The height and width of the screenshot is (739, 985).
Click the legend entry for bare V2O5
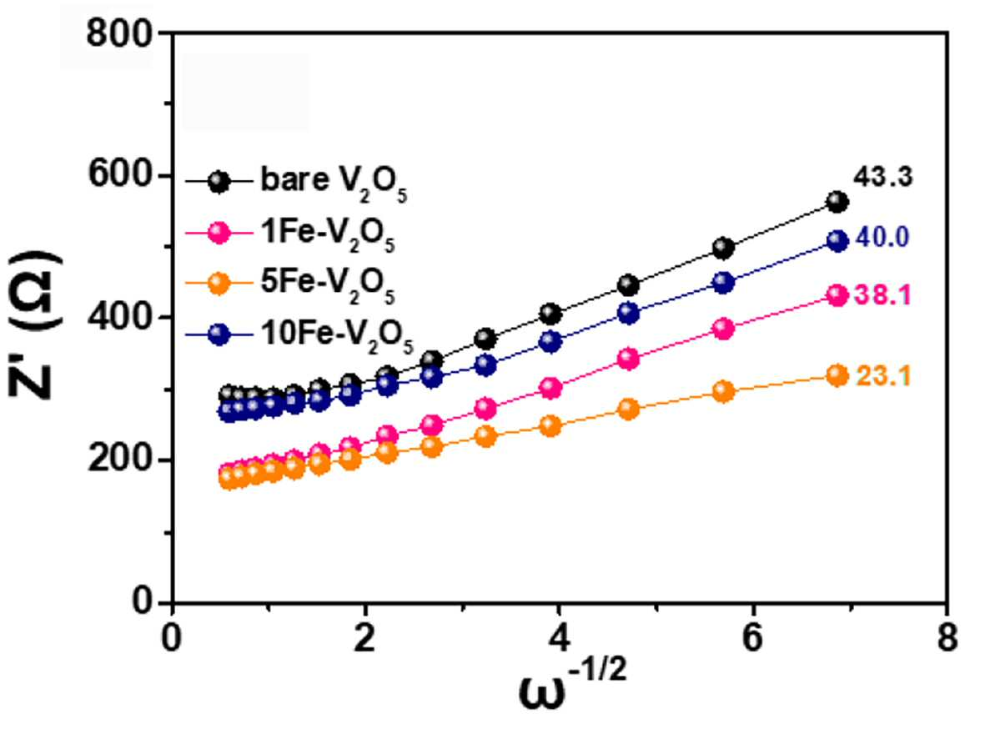tap(334, 183)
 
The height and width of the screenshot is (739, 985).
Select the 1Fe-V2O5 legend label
tap(328, 234)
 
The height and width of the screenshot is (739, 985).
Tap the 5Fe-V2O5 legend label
tap(328, 284)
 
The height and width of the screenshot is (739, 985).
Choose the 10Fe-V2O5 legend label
tap(337, 336)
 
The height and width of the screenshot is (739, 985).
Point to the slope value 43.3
tap(882, 178)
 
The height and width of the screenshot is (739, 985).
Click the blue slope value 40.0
tap(882, 238)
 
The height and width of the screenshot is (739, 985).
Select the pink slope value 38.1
tap(882, 294)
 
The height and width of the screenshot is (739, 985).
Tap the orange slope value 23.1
tap(883, 376)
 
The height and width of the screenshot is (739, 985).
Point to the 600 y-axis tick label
tap(120, 174)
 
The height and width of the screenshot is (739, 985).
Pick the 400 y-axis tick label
tap(120, 317)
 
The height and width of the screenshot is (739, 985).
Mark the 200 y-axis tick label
tap(120, 460)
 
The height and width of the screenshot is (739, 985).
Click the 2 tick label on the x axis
tap(365, 637)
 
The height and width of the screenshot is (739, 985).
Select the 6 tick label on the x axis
tap(752, 637)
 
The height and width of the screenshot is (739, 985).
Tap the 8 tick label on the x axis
tap(947, 637)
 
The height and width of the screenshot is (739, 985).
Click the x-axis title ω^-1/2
tap(573, 685)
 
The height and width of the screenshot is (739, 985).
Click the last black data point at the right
tap(837, 203)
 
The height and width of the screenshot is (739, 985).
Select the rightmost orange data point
tap(837, 376)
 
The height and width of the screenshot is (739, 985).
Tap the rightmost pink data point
tap(837, 294)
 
